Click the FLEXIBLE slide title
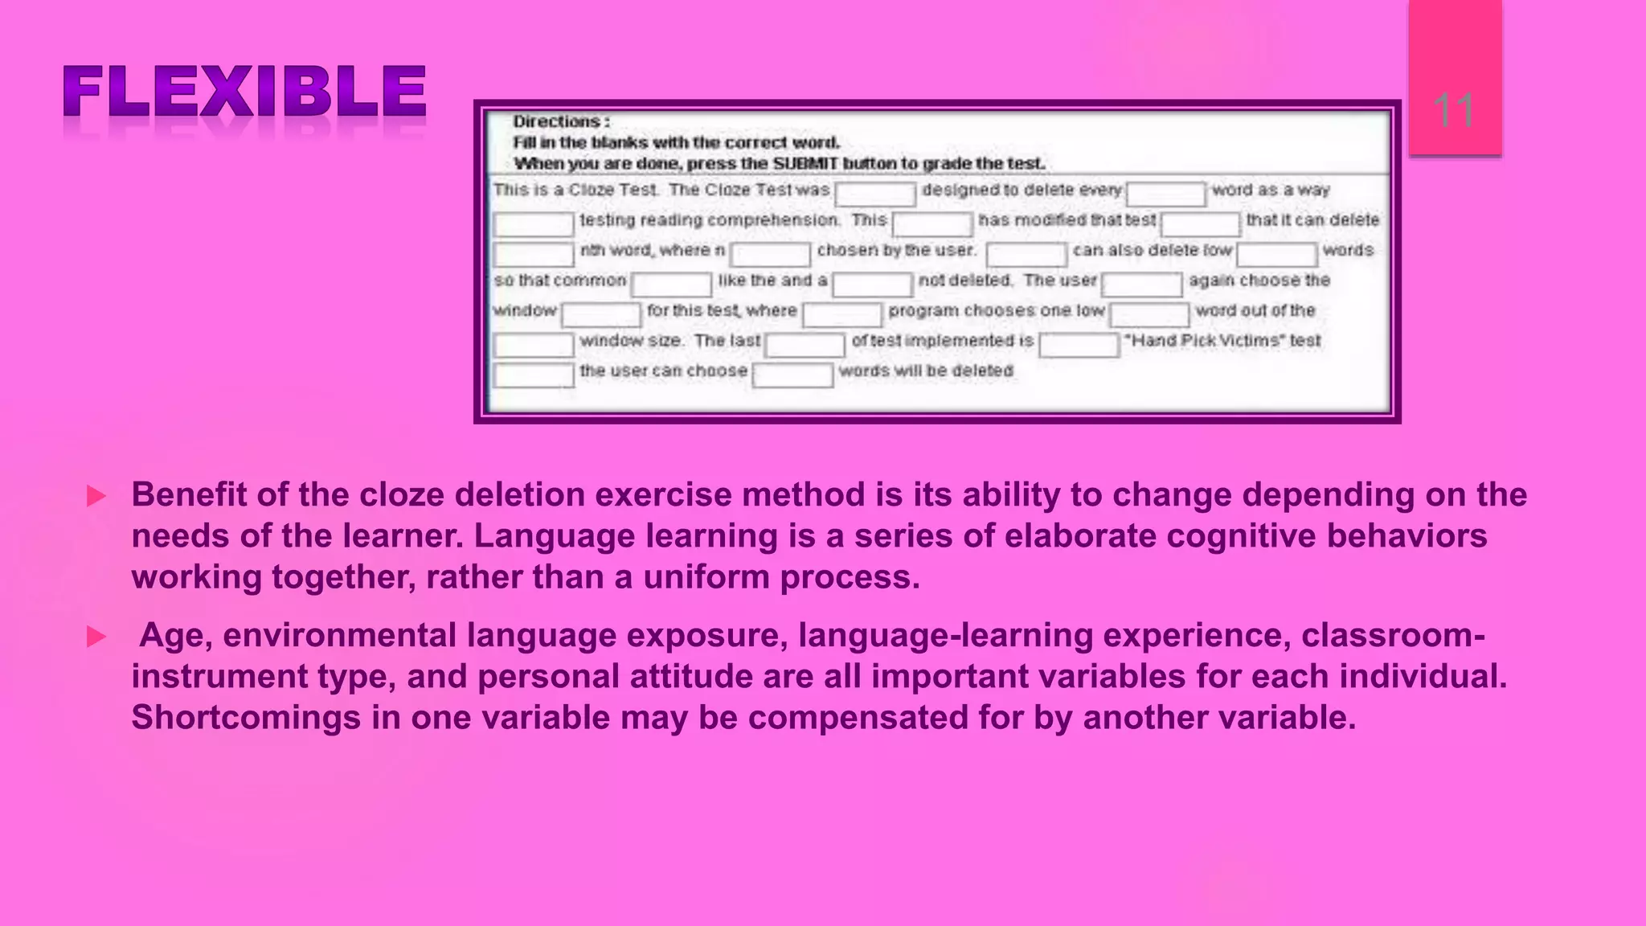click(244, 92)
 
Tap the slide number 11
click(1453, 111)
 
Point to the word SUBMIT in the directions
click(805, 163)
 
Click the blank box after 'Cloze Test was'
click(875, 194)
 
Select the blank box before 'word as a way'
click(1165, 194)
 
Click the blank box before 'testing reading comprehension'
click(534, 223)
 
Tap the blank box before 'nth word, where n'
click(534, 254)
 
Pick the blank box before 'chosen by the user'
click(771, 254)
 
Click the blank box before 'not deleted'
click(872, 284)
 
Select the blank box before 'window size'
click(534, 344)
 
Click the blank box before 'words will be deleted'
click(792, 375)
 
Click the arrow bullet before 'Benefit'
click(96, 496)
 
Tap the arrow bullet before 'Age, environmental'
click(96, 637)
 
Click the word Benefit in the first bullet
click(189, 494)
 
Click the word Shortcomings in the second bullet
click(246, 717)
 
